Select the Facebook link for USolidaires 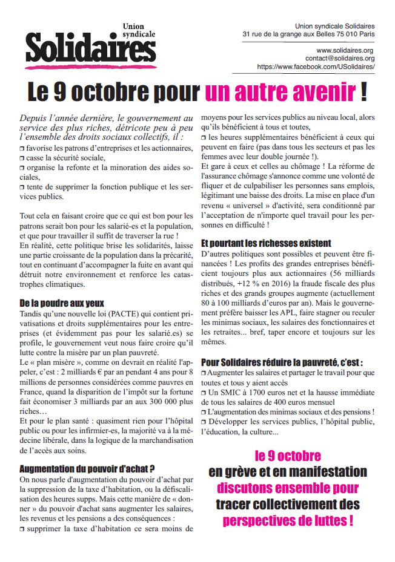[x=316, y=67]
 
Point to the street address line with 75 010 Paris [x=308, y=35]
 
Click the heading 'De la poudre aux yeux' [x=62, y=302]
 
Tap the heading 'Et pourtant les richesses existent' [x=266, y=243]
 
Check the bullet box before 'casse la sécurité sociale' [x=22, y=157]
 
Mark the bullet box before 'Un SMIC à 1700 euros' [x=204, y=393]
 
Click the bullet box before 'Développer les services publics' [x=204, y=422]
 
